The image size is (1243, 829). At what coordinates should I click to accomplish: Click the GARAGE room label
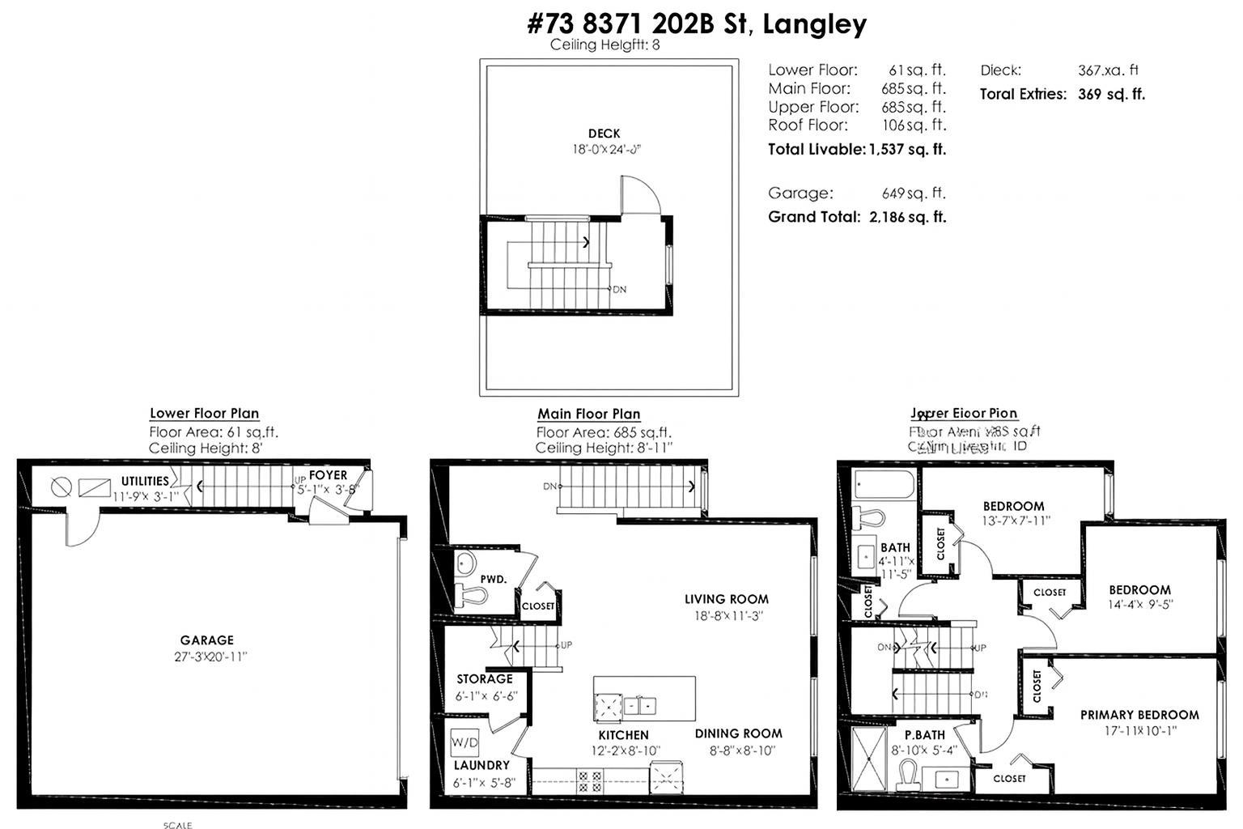207,640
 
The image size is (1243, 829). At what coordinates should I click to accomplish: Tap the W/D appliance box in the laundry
465,742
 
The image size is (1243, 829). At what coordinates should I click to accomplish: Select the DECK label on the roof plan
604,134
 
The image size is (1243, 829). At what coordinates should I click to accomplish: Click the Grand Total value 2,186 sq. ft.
906,217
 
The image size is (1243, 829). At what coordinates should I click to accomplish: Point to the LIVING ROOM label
726,599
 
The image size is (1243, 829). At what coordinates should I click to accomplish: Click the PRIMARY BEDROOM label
1139,715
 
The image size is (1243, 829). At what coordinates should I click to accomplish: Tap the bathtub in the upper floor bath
885,486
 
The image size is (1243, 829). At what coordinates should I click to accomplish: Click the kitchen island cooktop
607,707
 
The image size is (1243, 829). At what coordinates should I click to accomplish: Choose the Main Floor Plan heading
588,414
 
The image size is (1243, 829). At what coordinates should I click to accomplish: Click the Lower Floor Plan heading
204,414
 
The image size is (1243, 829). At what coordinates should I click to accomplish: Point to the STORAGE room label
484,679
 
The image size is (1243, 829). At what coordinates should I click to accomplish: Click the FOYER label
328,475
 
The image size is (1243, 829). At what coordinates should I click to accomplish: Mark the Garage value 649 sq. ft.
913,193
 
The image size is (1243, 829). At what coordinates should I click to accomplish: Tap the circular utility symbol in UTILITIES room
62,487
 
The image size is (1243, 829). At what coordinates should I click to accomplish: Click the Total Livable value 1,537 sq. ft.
906,149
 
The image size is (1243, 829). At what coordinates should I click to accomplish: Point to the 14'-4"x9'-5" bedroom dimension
1139,604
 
